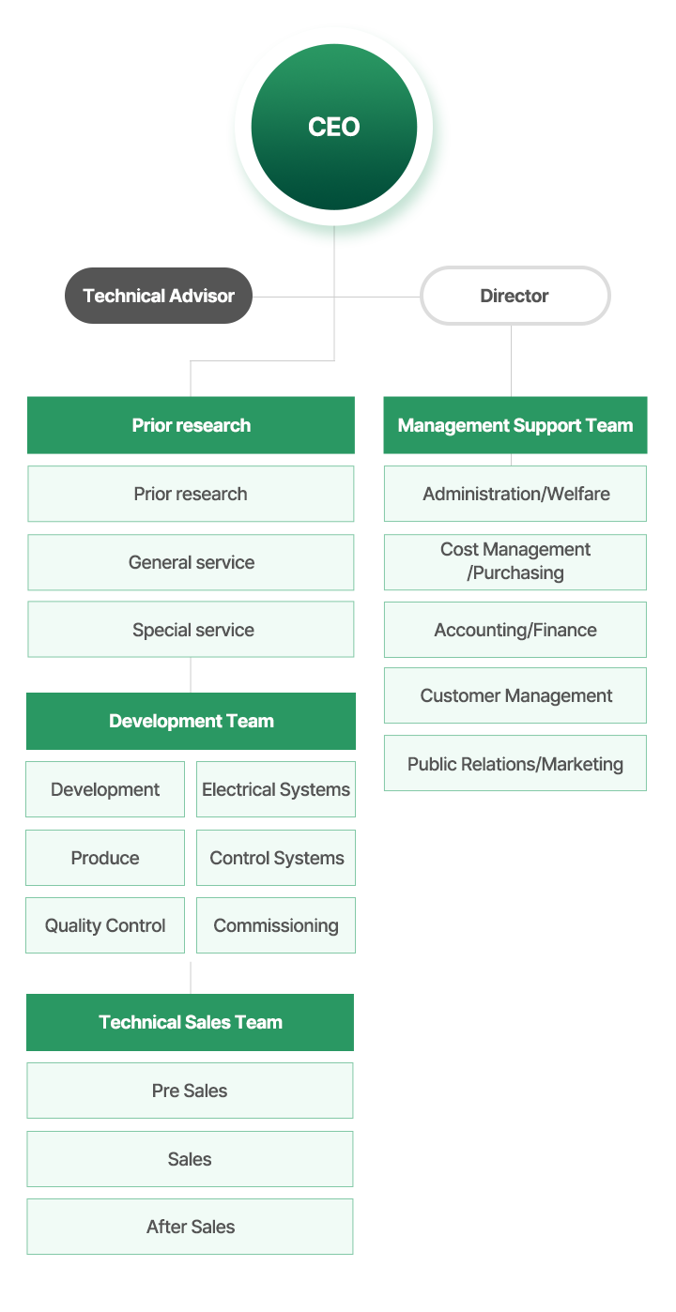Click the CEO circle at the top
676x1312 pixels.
pos(333,128)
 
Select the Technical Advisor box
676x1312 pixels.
pos(158,296)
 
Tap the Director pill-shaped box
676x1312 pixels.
pos(515,296)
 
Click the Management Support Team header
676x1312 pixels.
pos(515,425)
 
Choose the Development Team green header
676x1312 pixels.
pos(191,722)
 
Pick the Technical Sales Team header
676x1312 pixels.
pos(191,1022)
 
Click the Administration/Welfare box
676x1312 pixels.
pos(515,494)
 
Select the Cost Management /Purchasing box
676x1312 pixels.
pos(515,561)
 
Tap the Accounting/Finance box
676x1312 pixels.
pos(515,630)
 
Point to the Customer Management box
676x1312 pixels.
pos(515,695)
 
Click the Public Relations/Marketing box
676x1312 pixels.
pos(515,763)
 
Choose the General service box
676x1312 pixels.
pos(191,562)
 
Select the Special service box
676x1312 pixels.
pos(191,630)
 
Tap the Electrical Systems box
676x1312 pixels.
pos(276,789)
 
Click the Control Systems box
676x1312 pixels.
pos(276,858)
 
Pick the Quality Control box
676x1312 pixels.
pos(105,925)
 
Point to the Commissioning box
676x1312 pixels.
pos(276,925)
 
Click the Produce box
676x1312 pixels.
pos(105,858)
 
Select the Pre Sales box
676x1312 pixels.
pos(190,1091)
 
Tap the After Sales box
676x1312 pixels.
pos(190,1227)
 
